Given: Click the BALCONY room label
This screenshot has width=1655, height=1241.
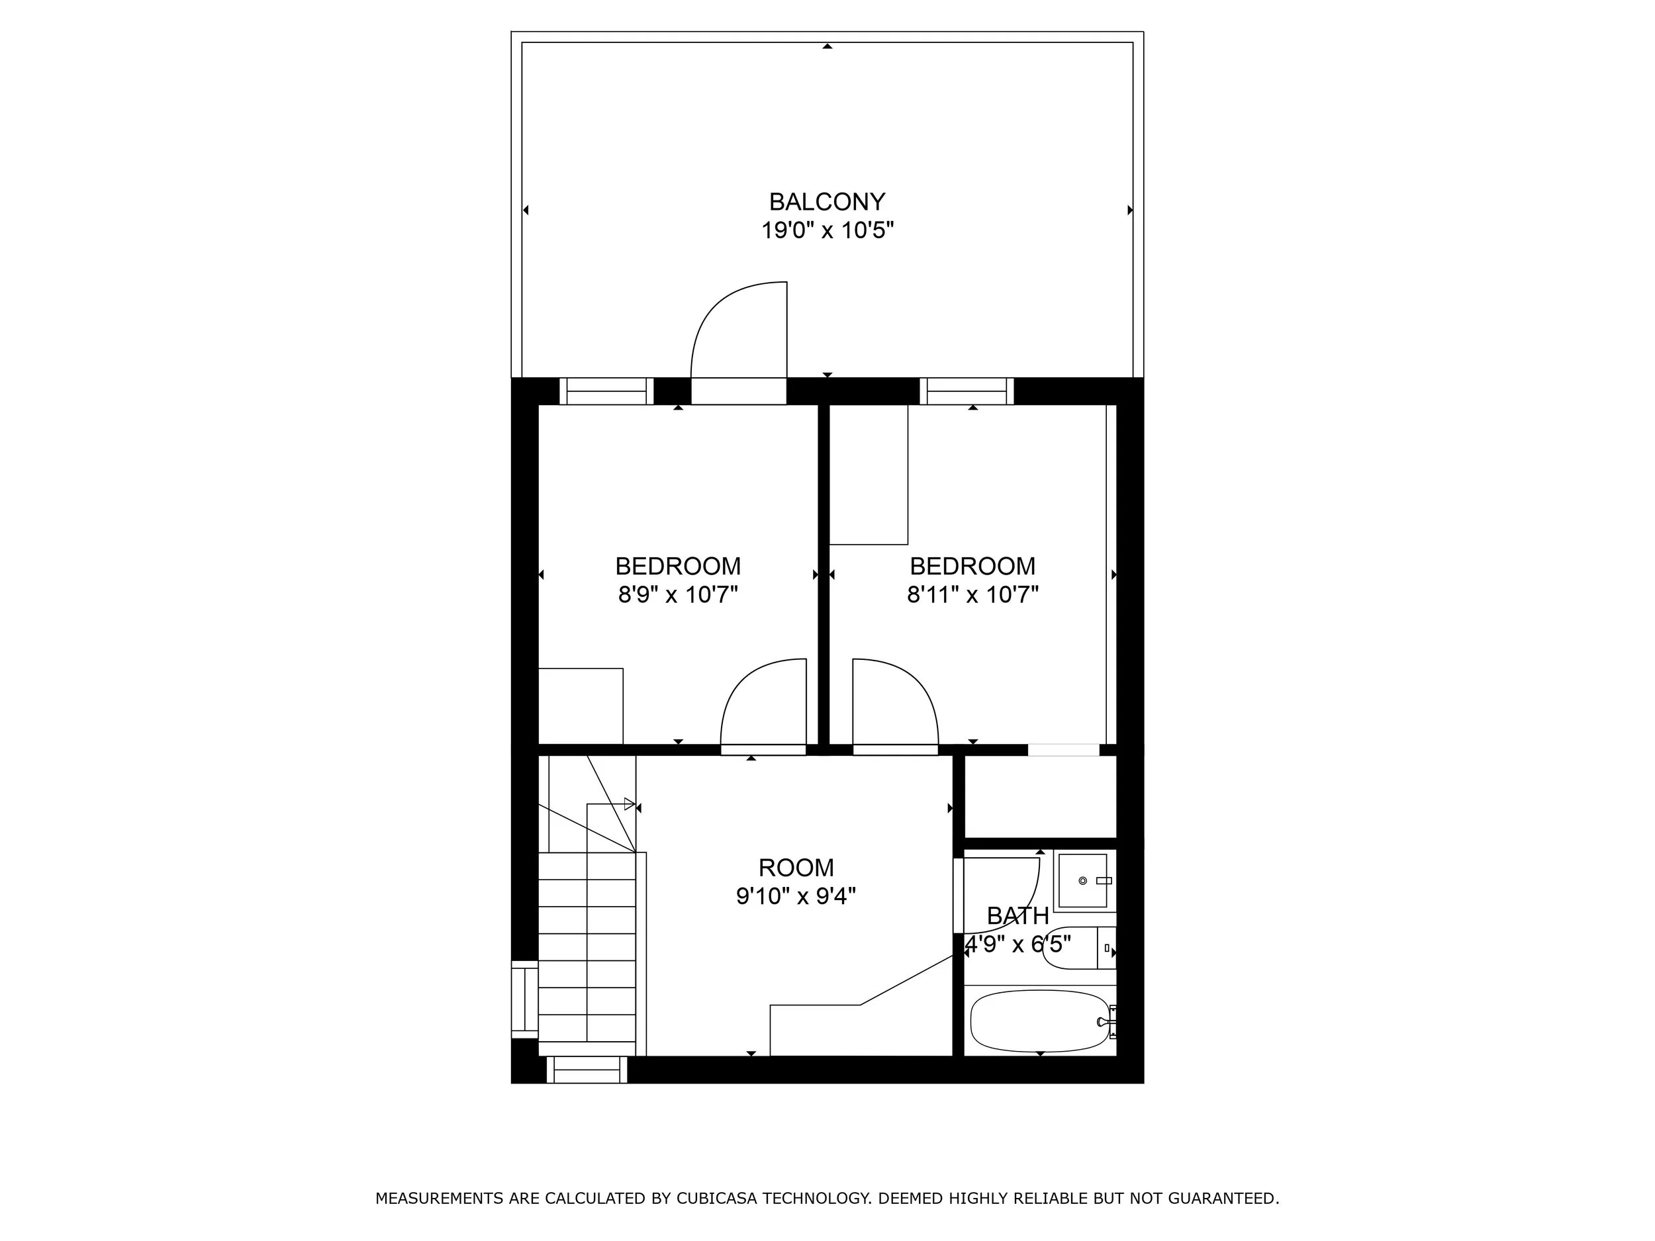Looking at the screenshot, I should pos(827,202).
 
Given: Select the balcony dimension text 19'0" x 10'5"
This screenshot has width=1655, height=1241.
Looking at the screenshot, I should pos(827,230).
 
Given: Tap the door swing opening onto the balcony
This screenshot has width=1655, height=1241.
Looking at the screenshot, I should pos(737,333).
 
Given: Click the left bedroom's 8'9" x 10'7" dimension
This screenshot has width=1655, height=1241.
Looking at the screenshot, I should pos(678,595).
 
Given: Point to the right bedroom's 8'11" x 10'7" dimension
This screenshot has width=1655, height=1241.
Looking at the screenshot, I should pos(972,595).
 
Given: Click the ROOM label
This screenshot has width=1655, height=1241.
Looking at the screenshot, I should pos(796,868).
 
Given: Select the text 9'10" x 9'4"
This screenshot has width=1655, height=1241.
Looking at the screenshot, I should pos(796,896).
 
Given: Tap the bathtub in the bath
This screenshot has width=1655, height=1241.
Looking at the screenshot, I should pos(1039,1021).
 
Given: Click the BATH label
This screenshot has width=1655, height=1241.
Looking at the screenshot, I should pos(1017,915).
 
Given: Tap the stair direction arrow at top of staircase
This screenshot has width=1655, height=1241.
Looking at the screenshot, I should pos(629,804).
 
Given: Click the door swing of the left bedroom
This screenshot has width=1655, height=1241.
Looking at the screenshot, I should pos(763,703).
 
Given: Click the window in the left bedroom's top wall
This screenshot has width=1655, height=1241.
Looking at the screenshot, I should pos(606,391).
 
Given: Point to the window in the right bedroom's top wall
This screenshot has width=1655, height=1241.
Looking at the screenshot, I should pos(967,391).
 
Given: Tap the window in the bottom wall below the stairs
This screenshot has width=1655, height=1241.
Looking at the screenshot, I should pos(587,1070).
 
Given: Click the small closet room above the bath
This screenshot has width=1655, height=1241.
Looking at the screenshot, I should pos(1040,797).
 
